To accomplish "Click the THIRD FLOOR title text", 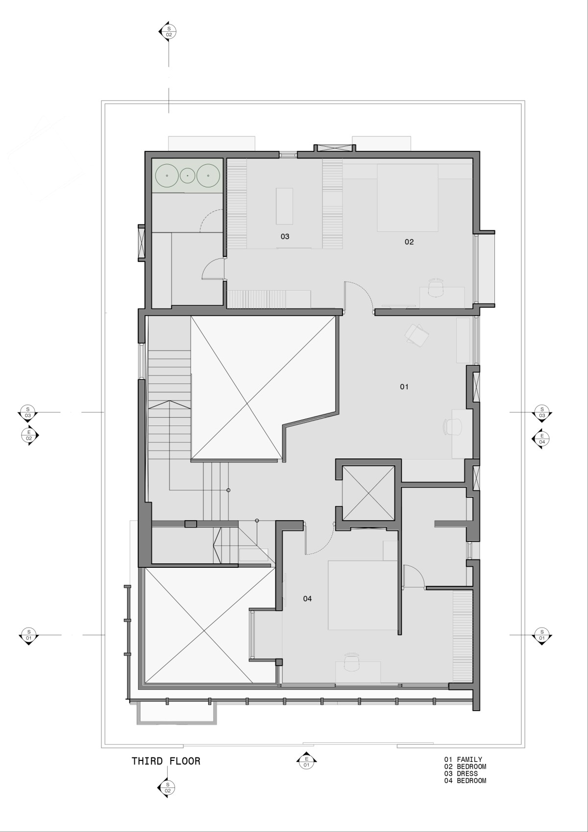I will pyautogui.click(x=166, y=761).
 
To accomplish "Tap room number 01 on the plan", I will pyautogui.click(x=404, y=387).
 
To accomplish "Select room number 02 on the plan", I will pyautogui.click(x=409, y=242).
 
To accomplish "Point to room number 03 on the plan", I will pyautogui.click(x=285, y=236).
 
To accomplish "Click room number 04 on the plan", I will pyautogui.click(x=307, y=599).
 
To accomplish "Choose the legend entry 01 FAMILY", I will pyautogui.click(x=463, y=759).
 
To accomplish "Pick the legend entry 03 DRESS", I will pyautogui.click(x=461, y=774).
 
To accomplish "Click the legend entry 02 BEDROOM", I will pyautogui.click(x=465, y=767).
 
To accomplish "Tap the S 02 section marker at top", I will pyautogui.click(x=169, y=32).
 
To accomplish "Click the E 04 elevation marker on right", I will pyautogui.click(x=541, y=439).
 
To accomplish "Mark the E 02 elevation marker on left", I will pyautogui.click(x=29, y=435).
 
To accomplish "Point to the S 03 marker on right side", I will pyautogui.click(x=541, y=412).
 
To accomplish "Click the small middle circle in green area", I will pyautogui.click(x=188, y=175).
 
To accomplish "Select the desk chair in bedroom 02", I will pyautogui.click(x=436, y=288).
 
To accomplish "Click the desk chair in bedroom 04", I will pyautogui.click(x=352, y=663).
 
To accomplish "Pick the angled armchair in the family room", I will pyautogui.click(x=417, y=335).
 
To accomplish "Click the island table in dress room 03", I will pyautogui.click(x=285, y=205).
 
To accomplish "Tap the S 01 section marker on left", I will pyautogui.click(x=29, y=635).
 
